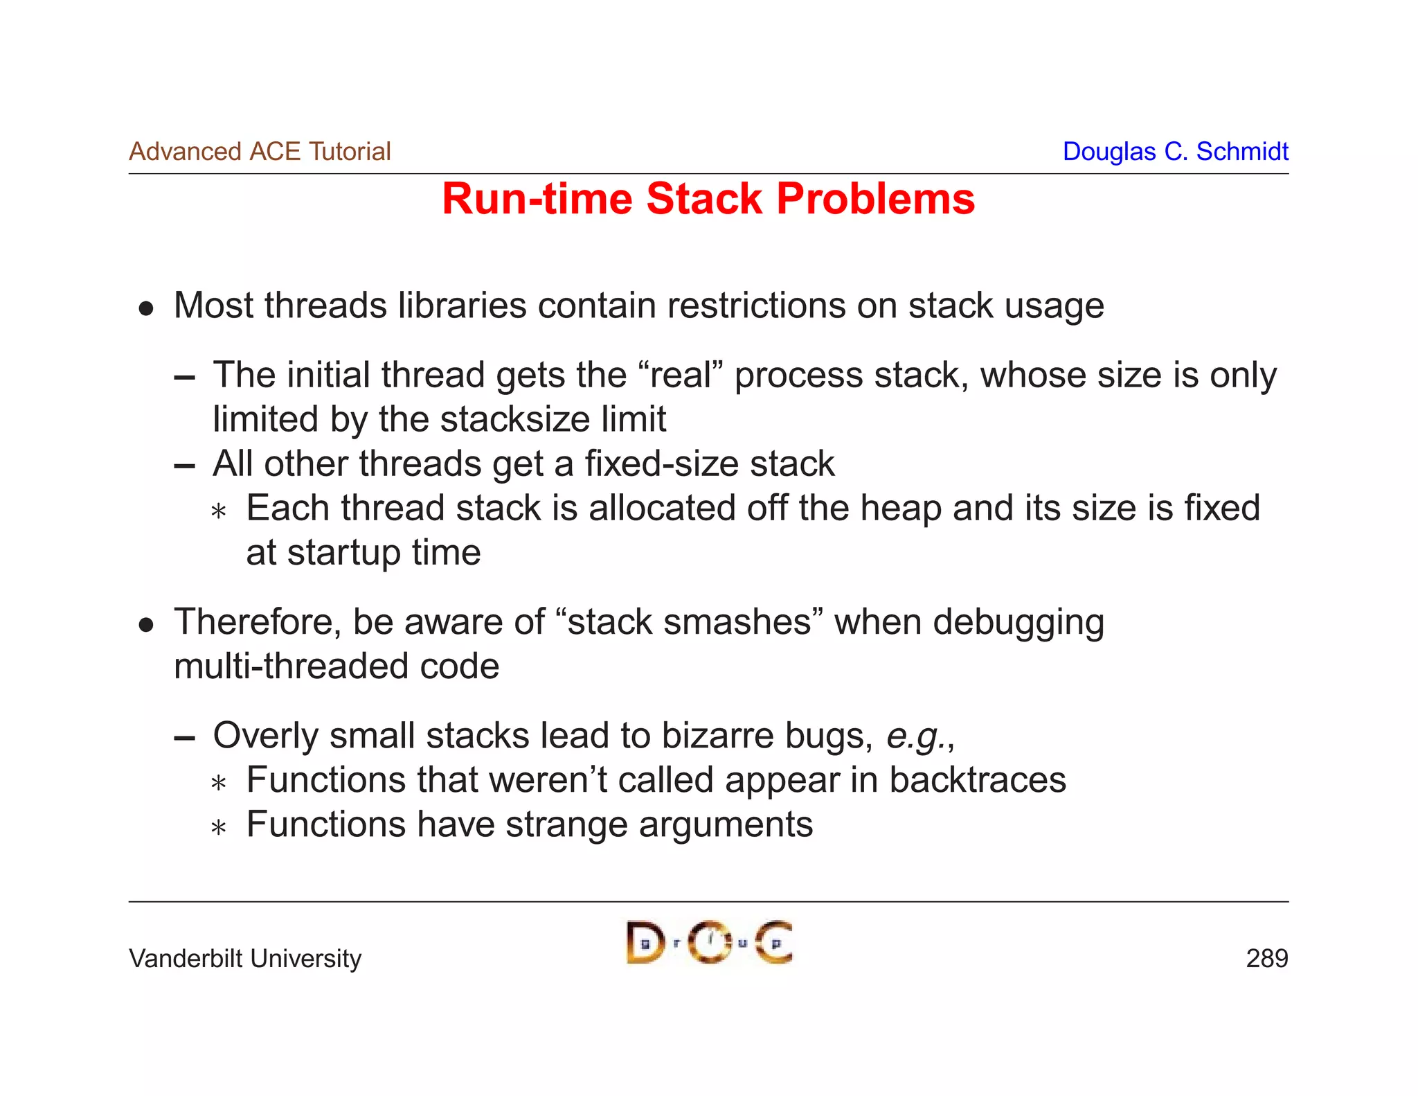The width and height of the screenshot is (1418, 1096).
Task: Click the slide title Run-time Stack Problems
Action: pyautogui.click(x=708, y=200)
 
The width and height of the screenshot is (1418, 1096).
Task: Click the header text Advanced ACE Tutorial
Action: pyautogui.click(x=260, y=152)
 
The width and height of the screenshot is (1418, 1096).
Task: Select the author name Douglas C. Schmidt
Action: pyautogui.click(x=1175, y=152)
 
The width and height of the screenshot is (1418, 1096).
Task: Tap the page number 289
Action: pyautogui.click(x=1266, y=959)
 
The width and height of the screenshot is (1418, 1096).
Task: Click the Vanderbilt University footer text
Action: pyautogui.click(x=245, y=959)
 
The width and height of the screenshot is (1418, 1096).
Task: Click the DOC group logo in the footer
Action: pyautogui.click(x=709, y=942)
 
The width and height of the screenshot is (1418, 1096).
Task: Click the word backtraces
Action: pyautogui.click(x=977, y=780)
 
